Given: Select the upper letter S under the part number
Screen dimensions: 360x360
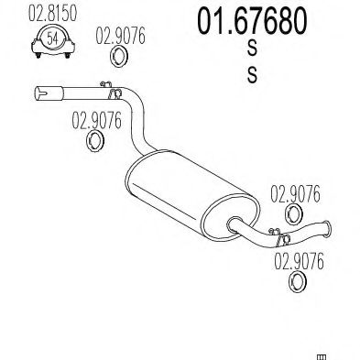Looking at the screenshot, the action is [252, 49].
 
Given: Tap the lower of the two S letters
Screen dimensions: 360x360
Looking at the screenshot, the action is [252, 75].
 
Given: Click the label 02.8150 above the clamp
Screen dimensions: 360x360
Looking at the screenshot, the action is [52, 13].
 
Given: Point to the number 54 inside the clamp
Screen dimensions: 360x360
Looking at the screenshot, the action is [52, 38].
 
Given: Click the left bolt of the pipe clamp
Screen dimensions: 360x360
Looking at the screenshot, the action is [38, 55].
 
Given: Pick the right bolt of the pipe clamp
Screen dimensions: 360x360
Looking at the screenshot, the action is [68, 55].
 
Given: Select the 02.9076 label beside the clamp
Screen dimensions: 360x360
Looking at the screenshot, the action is [120, 36].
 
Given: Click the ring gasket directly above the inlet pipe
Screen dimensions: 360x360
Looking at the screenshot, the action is [118, 56].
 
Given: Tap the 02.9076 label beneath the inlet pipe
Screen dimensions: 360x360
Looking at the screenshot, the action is [96, 120].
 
